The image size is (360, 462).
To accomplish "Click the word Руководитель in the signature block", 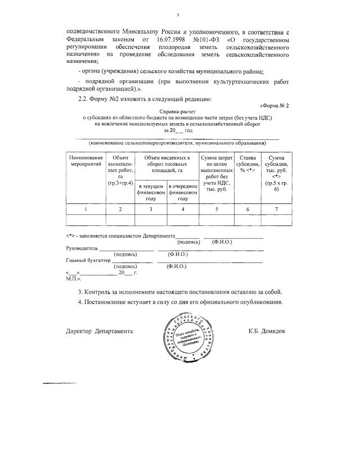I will pos(82,248).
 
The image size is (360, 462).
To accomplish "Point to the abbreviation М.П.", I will pos(73,278).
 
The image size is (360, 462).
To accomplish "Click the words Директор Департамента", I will pos(100,331).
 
